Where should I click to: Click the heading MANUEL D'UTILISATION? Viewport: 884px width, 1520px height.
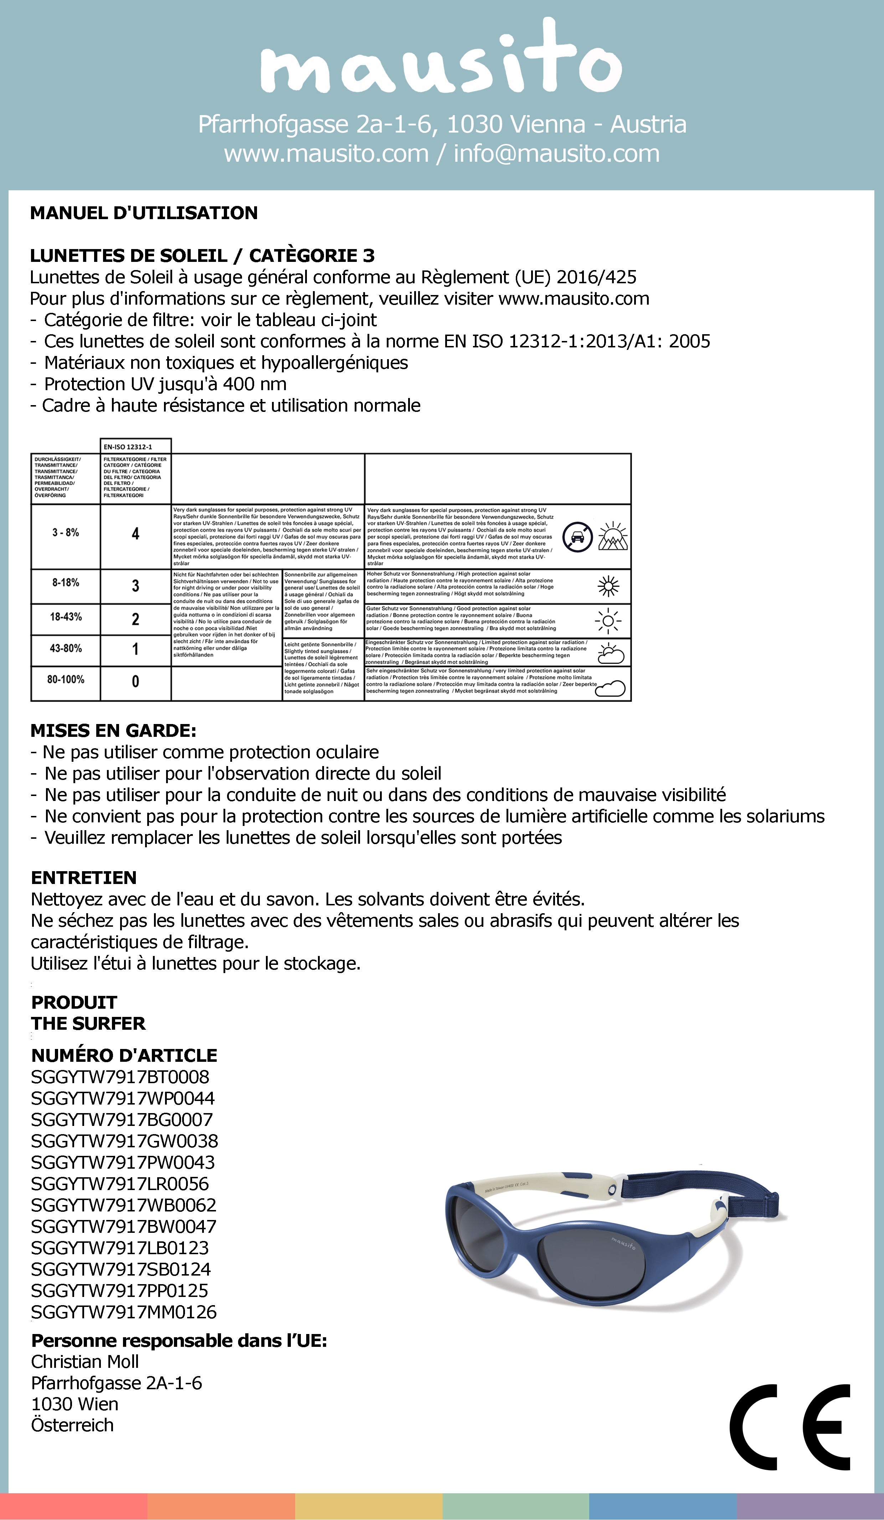tap(144, 213)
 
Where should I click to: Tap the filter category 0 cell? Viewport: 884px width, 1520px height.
tap(135, 682)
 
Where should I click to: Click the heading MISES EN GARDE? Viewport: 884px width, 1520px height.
tap(113, 731)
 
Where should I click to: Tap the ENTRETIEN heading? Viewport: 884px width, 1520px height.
tap(83, 878)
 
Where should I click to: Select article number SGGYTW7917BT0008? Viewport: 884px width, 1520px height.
tap(119, 1077)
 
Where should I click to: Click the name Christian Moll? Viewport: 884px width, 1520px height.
tap(84, 1362)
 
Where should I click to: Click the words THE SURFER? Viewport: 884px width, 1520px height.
tap(88, 1024)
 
